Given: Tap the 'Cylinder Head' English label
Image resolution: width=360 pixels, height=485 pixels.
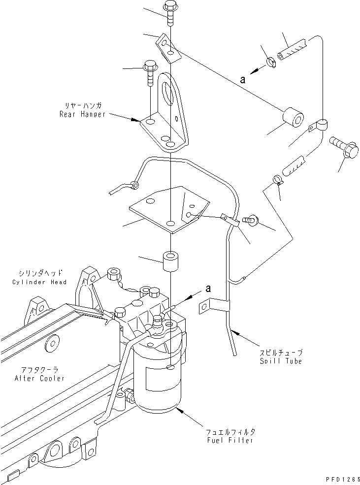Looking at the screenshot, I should coord(47,282).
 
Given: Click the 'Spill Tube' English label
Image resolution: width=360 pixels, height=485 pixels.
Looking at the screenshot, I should coord(281,361).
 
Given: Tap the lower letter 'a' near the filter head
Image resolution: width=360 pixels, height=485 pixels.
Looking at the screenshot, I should coord(208,289).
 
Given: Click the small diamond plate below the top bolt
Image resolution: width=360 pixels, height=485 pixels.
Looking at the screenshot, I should coord(165,47).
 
